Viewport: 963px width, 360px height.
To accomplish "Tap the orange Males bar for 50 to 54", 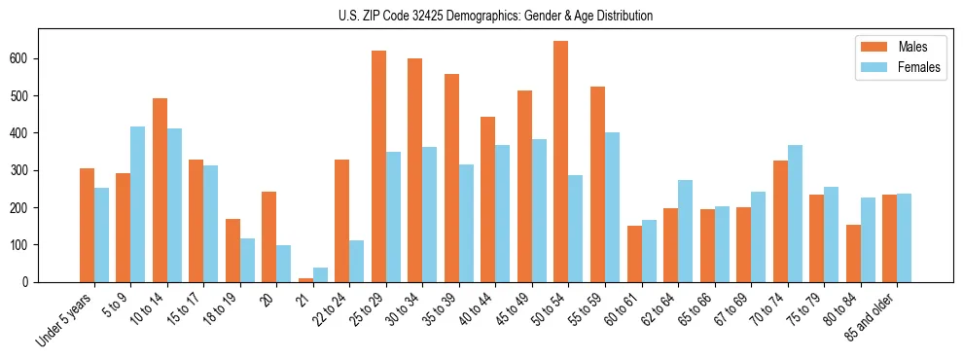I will (x=561, y=162).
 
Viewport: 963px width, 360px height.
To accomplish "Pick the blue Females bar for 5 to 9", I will (x=138, y=204).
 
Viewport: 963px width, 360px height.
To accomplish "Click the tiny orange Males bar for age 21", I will (x=305, y=279).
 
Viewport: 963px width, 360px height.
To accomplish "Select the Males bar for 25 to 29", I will (x=378, y=166).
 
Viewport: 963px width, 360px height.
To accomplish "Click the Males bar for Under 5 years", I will (x=87, y=225).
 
